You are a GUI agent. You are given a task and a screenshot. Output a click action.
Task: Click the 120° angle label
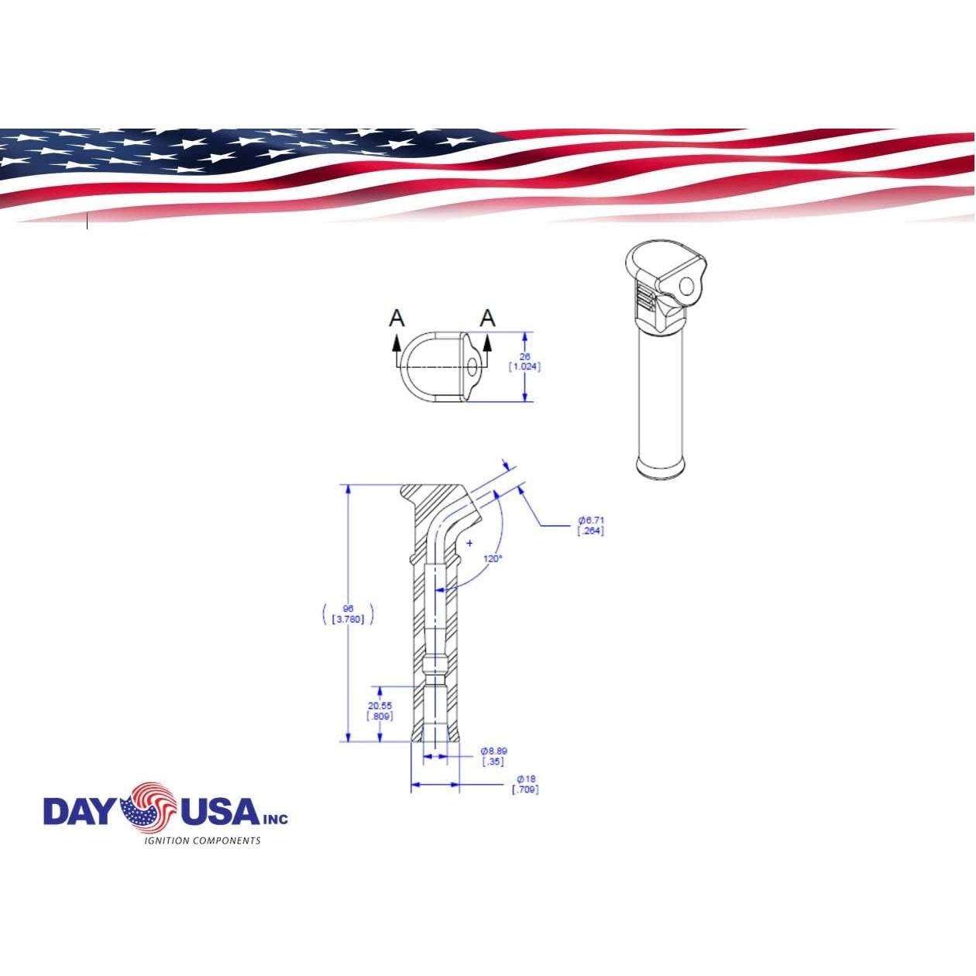(x=493, y=558)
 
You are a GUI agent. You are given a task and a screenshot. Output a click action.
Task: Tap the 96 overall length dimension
(x=348, y=608)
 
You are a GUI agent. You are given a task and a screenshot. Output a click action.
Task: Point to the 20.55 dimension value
(x=380, y=706)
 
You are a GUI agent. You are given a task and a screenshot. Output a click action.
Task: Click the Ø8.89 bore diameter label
(x=494, y=751)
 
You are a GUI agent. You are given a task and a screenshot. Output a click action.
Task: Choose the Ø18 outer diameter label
(x=526, y=778)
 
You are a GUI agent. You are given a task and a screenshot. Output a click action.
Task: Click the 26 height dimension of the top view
(x=524, y=356)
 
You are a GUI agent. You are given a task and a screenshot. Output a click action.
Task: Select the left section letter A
(x=397, y=318)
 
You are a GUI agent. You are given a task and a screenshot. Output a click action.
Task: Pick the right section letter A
(x=487, y=318)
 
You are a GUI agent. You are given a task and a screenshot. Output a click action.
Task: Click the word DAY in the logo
(x=80, y=811)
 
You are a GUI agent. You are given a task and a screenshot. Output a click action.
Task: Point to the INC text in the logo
(x=275, y=818)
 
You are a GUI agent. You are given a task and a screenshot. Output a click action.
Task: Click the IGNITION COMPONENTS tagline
(x=204, y=840)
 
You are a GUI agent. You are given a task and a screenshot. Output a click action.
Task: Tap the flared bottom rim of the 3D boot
(x=662, y=466)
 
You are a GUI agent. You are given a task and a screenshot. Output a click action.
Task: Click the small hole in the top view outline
(x=470, y=365)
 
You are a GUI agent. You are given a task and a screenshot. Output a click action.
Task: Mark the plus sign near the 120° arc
(x=469, y=543)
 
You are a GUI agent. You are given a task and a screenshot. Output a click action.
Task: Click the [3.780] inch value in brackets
(x=348, y=619)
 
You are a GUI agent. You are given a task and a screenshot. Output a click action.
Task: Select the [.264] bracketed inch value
(x=590, y=531)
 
